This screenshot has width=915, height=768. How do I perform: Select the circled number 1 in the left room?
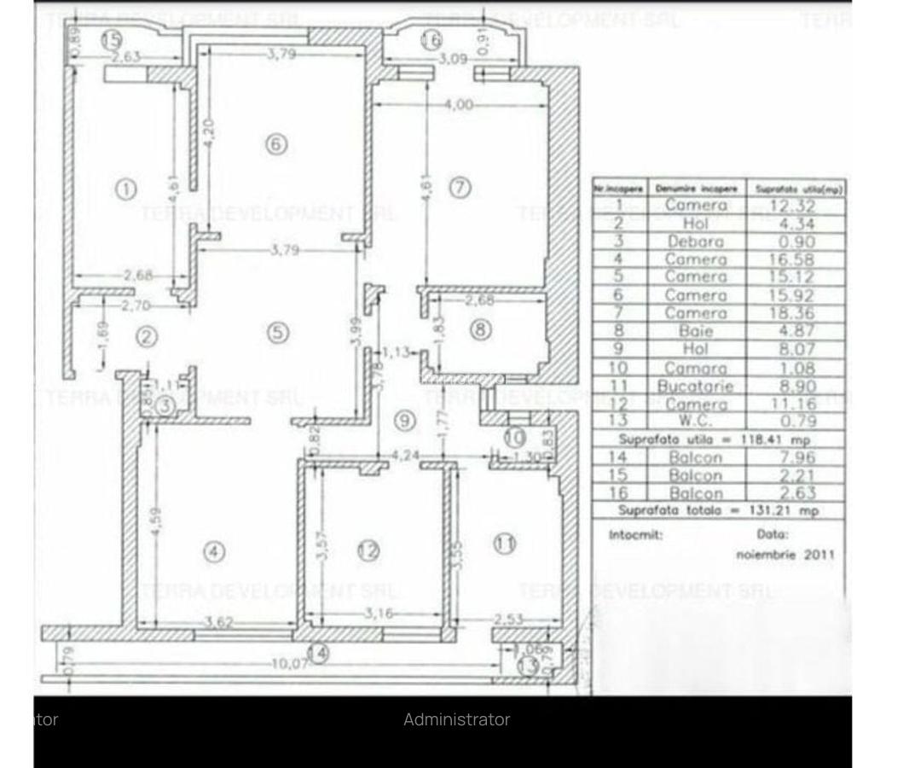125,189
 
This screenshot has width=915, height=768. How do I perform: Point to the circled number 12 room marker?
368,551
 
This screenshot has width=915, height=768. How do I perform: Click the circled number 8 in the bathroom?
482,329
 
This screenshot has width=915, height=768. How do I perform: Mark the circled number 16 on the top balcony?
431,39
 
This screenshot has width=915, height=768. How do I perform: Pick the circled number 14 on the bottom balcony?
318,654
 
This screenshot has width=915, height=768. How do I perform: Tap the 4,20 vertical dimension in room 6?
208,132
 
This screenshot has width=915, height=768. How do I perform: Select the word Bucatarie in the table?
695,386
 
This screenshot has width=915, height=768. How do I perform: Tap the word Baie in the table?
696,331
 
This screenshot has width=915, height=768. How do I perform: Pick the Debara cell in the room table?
696,241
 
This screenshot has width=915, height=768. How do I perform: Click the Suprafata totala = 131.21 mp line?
718,510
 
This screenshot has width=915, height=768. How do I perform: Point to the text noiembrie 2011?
785,555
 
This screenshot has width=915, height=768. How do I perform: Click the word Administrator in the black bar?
456,719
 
